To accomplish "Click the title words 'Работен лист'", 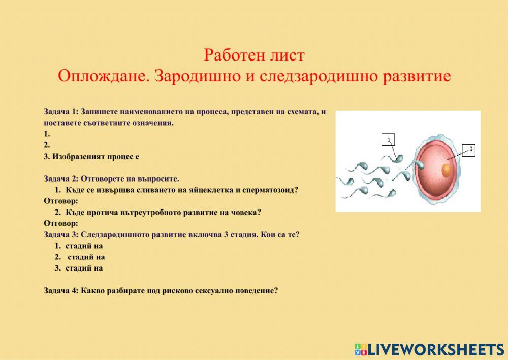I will tap(254, 54).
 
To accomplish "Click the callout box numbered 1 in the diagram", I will tap(389, 140).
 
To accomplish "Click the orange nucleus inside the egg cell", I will tap(446, 170).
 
